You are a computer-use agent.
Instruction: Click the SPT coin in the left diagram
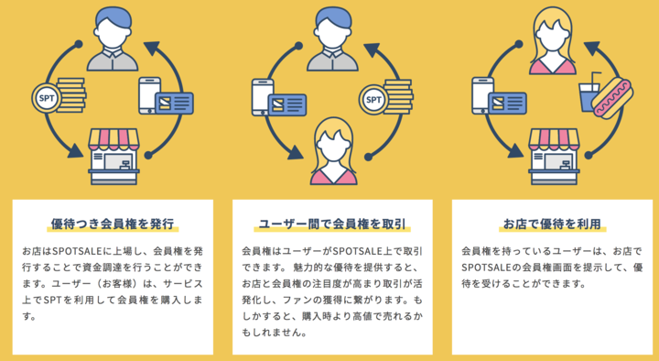pos(44,95)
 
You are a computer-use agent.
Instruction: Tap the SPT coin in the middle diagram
pos(373,97)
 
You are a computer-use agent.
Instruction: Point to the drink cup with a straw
pos(589,91)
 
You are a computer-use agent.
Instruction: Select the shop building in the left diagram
pos(114,156)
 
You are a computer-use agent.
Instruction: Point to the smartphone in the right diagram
pos(483,98)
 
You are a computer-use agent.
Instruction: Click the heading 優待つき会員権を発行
pos(113,223)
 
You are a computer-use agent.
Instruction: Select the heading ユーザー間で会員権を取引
pos(332,223)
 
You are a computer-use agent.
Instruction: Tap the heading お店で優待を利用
pos(552,223)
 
